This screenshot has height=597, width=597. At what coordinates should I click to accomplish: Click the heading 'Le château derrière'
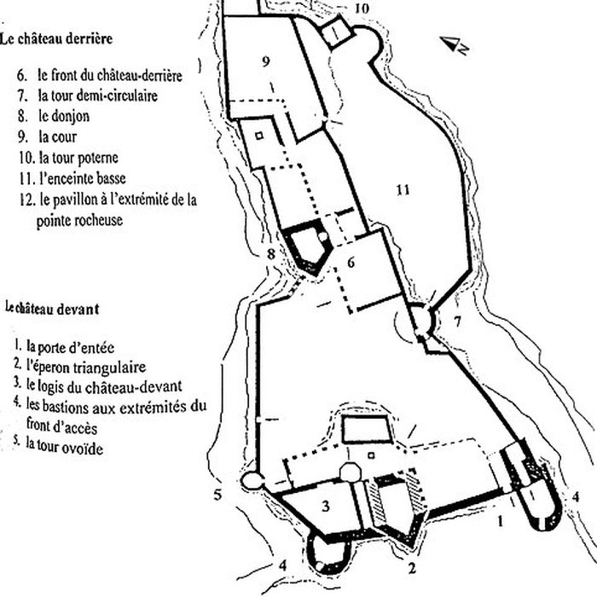[x=56, y=39]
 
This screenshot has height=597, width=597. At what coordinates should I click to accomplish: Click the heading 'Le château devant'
[x=53, y=309]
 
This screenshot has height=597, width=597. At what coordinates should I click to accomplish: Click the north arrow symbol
[x=455, y=44]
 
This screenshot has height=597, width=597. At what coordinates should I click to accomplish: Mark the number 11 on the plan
[x=403, y=189]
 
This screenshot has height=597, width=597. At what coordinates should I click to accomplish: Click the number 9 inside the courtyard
[x=266, y=61]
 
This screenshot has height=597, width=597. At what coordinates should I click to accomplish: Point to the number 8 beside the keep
[x=270, y=253]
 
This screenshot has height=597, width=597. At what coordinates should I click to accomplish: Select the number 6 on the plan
[x=351, y=263]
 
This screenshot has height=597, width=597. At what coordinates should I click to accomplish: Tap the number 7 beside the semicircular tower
[x=458, y=322]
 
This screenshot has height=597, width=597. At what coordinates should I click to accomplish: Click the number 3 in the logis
[x=326, y=507]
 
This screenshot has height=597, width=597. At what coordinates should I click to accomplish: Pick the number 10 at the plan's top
[x=362, y=8]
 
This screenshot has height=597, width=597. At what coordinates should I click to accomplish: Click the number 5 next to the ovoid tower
[x=217, y=495]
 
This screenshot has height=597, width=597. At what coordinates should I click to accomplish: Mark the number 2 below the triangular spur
[x=412, y=569]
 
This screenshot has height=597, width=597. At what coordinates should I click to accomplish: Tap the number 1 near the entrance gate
[x=501, y=521]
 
